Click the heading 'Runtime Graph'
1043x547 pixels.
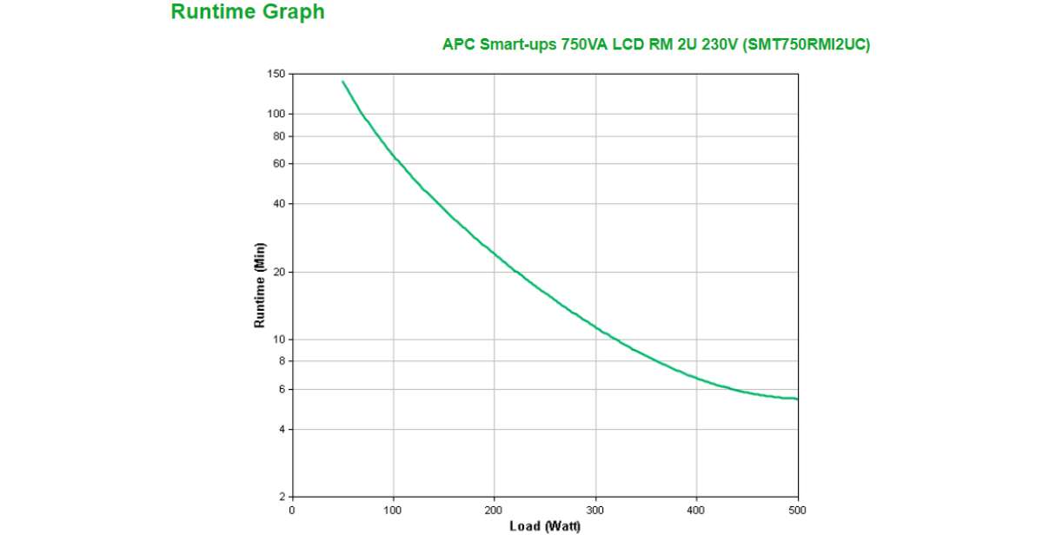248,12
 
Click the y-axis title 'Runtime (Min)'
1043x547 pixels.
259,285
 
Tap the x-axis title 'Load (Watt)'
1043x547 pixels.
545,526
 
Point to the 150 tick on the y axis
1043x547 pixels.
276,75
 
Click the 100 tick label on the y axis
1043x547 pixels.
276,114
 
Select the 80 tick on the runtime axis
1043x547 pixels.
279,136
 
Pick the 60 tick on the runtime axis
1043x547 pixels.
279,163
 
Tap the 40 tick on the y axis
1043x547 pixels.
279,204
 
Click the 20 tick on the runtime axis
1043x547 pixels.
279,272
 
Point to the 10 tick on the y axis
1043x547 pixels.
279,339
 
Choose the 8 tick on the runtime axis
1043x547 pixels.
282,361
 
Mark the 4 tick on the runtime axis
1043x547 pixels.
282,430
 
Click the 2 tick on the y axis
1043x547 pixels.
282,497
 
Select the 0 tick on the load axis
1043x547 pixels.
292,511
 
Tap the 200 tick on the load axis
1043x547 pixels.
495,511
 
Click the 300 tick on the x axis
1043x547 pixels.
595,511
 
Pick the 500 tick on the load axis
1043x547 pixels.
797,511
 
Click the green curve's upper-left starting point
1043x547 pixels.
342,82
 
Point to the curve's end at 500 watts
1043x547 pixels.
797,399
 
